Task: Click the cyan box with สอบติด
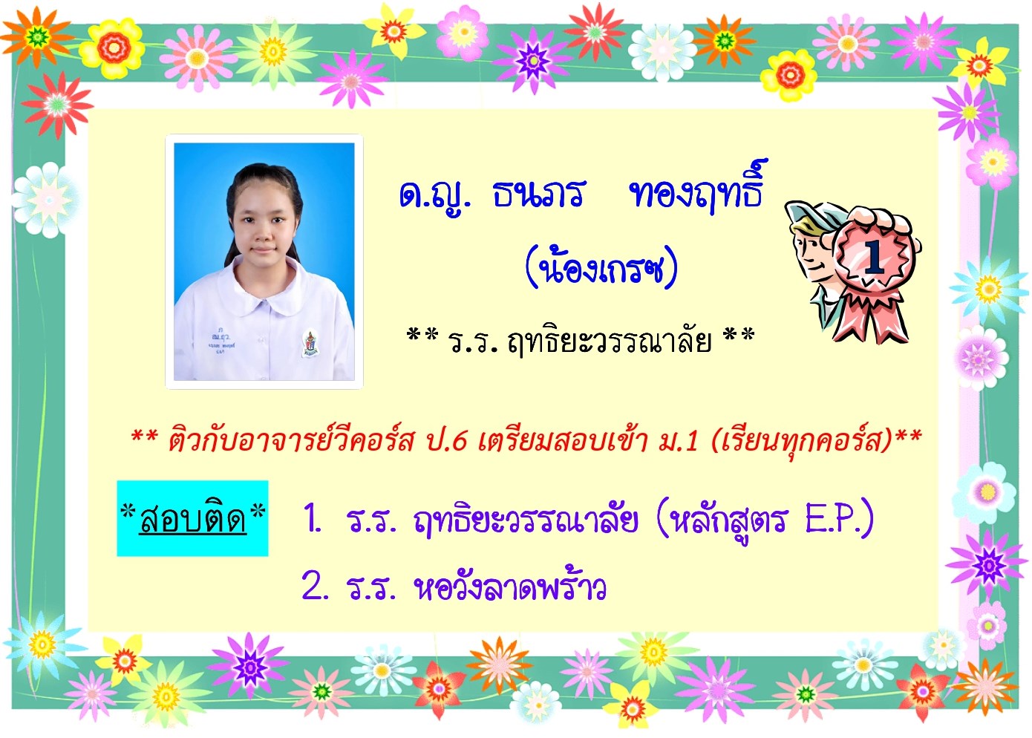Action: (192, 518)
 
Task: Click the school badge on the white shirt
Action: (310, 343)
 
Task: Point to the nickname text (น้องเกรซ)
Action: (601, 267)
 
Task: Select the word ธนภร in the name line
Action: (538, 194)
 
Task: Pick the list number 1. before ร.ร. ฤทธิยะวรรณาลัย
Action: (313, 519)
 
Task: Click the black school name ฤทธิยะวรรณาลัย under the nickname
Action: (609, 341)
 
